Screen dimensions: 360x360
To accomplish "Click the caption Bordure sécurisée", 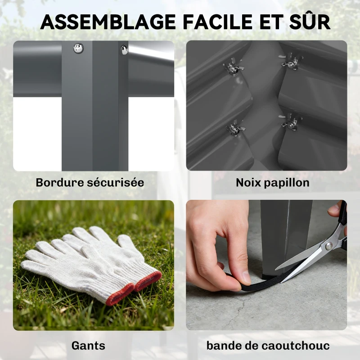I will click(90, 183).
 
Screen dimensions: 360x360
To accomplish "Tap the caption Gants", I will click(88, 346).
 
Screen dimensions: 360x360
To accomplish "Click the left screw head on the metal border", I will click(78, 48).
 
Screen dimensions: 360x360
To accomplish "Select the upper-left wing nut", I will click(233, 69).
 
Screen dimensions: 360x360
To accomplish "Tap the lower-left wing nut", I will click(235, 129).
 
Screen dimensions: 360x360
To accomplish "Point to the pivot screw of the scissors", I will click(329, 245).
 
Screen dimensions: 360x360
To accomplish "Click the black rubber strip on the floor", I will click(252, 277).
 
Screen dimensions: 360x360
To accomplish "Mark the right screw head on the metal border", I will click(125, 50).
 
